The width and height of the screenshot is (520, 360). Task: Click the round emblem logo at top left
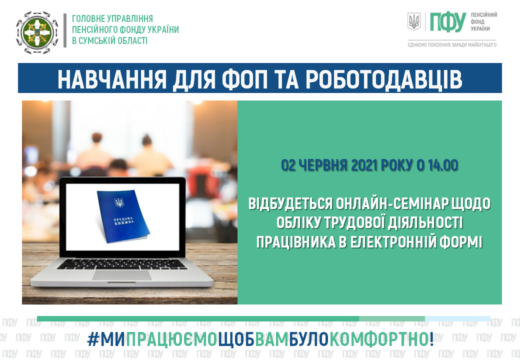[x=37, y=32]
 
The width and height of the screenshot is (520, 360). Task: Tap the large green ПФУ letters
[x=448, y=22]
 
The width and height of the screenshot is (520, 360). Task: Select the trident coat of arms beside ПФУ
[x=414, y=22]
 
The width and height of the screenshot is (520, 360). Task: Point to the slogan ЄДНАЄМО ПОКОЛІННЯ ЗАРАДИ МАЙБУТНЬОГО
[x=452, y=45]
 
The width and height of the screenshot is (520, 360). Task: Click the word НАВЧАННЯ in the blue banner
[x=112, y=79]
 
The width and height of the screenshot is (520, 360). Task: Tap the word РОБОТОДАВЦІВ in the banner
[x=383, y=79]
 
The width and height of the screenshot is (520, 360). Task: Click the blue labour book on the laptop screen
[x=122, y=216]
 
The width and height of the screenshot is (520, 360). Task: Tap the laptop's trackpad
[x=121, y=275]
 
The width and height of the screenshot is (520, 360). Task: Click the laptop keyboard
[x=121, y=264]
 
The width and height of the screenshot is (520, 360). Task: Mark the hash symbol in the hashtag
[x=93, y=339]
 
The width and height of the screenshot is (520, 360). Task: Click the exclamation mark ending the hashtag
[x=431, y=339]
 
